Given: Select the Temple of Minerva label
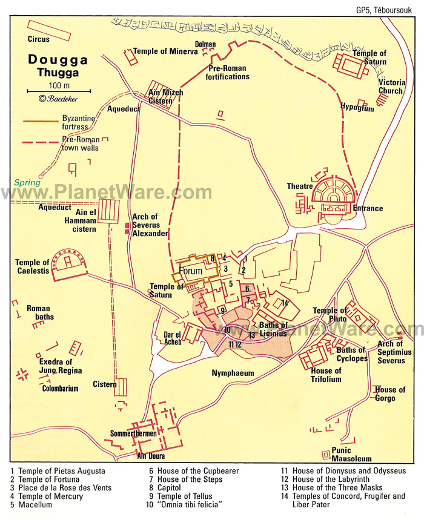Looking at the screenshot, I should pos(165,52).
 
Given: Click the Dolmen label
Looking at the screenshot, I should pos(205,44).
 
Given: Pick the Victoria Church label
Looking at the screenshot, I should pos(390,87).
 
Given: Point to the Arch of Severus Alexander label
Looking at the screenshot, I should pos(150,225).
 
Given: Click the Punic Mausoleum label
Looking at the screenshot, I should pos(351,454).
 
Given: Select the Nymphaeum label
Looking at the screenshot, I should pos(233,373).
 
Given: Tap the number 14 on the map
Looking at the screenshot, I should pos(284,303).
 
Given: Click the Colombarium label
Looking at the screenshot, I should pos(61,389).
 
